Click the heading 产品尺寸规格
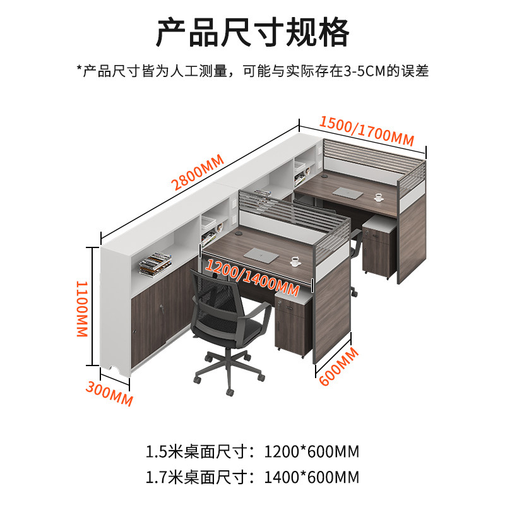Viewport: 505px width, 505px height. pyautogui.click(x=252, y=33)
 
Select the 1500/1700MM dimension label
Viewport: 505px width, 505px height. pyautogui.click(x=366, y=130)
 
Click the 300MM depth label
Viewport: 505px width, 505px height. pyautogui.click(x=109, y=394)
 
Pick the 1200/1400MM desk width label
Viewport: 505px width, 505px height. pyautogui.click(x=251, y=278)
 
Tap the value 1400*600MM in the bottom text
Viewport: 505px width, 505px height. pyautogui.click(x=312, y=475)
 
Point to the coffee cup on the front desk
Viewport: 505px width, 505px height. pyautogui.click(x=295, y=261)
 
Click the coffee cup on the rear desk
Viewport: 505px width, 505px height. pyautogui.click(x=378, y=197)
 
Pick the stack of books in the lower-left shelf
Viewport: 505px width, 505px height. pyautogui.click(x=154, y=263)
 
